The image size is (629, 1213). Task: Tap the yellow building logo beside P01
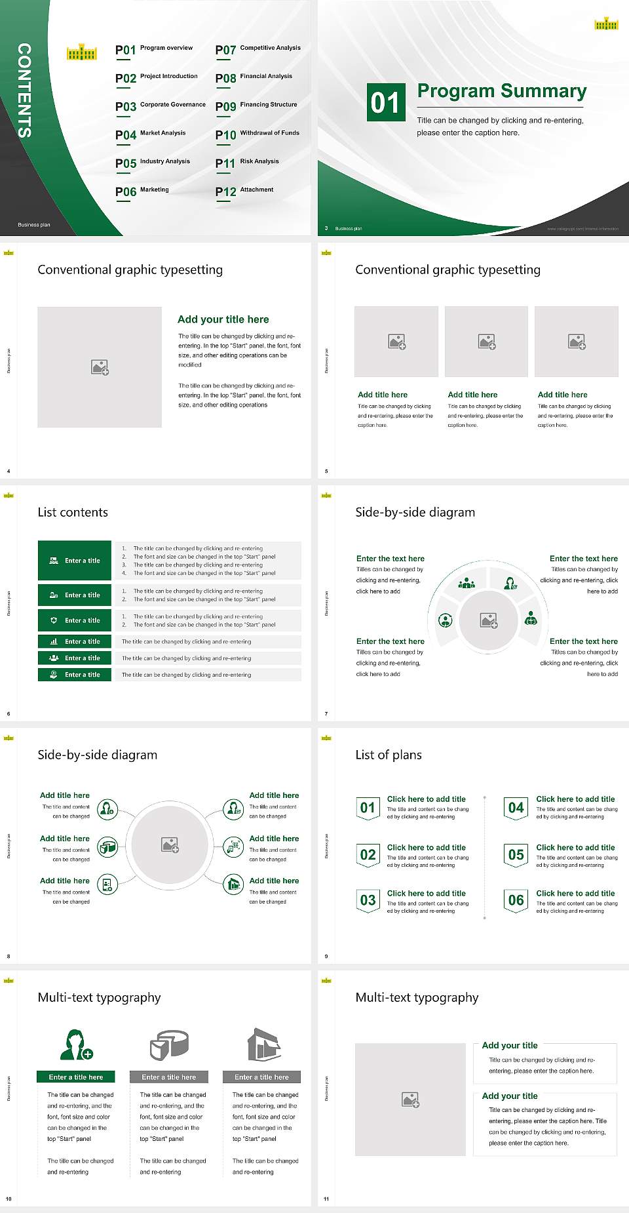[82, 52]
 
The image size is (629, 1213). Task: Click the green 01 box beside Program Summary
[385, 102]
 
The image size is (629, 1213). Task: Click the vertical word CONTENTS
[24, 90]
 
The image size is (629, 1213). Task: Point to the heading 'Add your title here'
[223, 319]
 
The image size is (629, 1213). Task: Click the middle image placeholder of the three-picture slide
[486, 342]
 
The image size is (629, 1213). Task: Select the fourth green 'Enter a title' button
[75, 641]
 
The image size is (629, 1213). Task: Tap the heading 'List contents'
[73, 512]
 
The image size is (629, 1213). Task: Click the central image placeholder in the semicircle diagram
[489, 620]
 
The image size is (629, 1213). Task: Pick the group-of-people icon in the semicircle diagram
[467, 583]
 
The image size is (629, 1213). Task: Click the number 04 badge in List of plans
[516, 808]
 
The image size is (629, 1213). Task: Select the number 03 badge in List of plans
[368, 900]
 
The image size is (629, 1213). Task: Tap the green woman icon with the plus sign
[77, 1044]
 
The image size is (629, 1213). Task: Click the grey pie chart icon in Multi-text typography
[169, 1044]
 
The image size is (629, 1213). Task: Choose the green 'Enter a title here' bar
[76, 1077]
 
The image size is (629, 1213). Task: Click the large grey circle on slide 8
[170, 845]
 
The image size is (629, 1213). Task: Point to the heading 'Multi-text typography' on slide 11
[417, 997]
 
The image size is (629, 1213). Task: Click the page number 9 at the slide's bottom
[326, 956]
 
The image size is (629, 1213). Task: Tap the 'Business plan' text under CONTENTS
[34, 225]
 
